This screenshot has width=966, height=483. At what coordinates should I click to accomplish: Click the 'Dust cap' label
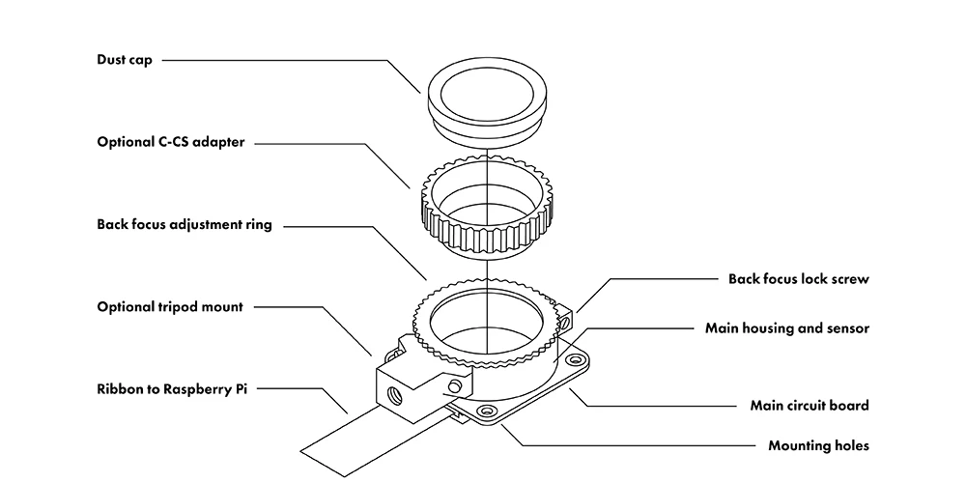[125, 59]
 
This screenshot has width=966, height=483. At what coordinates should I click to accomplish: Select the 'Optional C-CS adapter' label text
[170, 142]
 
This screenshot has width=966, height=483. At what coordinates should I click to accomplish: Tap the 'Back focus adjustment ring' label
[184, 225]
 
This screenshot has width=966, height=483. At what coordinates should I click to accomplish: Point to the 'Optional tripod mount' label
[169, 307]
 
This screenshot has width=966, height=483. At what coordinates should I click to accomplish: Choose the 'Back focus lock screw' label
[799, 279]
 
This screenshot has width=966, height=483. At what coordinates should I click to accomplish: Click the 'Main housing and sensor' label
[787, 328]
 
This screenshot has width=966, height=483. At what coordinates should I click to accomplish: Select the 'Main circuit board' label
[809, 406]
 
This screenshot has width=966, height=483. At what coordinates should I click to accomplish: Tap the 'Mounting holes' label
[818, 446]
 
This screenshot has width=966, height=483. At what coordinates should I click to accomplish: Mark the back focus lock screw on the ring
[569, 315]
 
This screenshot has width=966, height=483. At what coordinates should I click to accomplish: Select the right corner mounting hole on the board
[577, 361]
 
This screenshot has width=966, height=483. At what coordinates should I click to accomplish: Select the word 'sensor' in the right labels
[846, 328]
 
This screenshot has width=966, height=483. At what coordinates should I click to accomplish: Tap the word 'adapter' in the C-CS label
[218, 142]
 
